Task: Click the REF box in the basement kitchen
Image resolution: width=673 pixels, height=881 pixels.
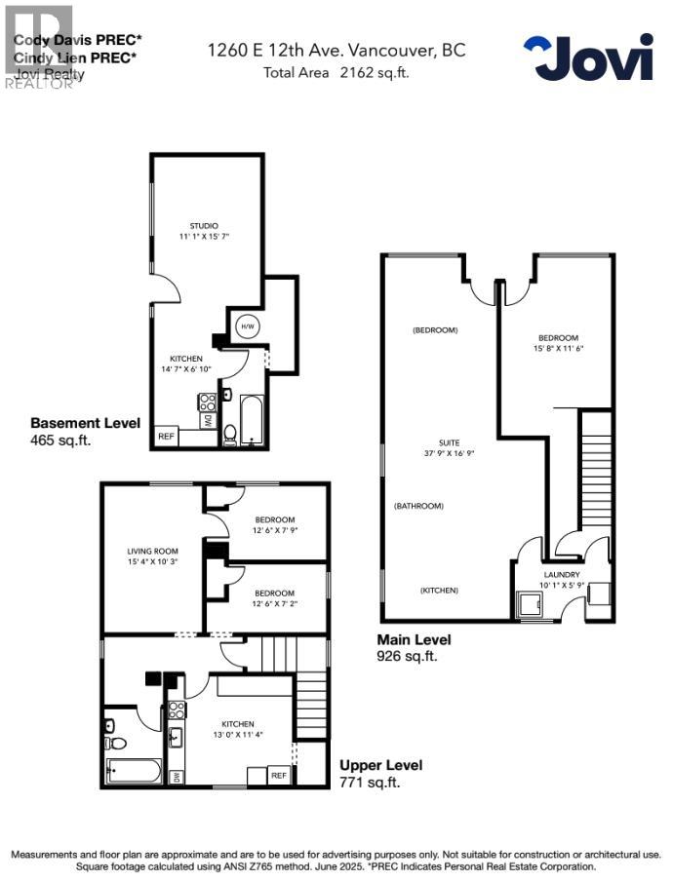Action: [x=166, y=437]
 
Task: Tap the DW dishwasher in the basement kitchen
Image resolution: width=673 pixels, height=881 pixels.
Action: [x=208, y=421]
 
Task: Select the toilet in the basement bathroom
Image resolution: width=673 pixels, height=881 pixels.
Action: [x=230, y=433]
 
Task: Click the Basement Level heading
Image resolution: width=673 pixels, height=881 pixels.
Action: [x=86, y=423]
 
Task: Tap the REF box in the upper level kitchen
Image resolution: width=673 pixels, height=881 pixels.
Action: [x=278, y=776]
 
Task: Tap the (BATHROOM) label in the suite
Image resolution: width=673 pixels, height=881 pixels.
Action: [x=419, y=506]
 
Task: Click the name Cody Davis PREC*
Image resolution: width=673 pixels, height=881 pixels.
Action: [x=77, y=40]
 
